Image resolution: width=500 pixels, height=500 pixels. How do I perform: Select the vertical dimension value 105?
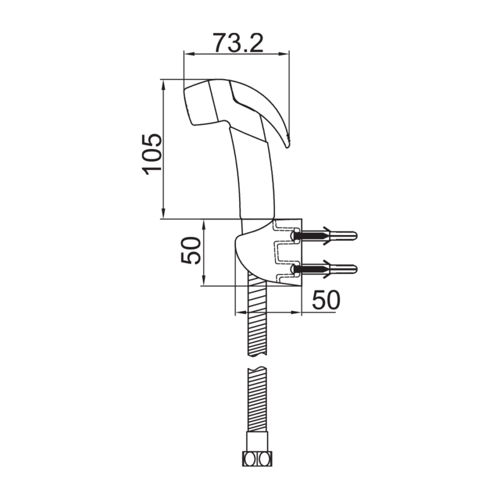tap(152, 153)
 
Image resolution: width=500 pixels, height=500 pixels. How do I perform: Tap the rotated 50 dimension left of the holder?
tap(191, 251)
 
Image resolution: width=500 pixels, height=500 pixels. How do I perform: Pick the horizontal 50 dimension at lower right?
tap(326, 301)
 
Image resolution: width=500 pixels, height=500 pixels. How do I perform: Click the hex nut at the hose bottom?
tap(256, 459)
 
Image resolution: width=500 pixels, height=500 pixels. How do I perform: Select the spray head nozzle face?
tap(191, 105)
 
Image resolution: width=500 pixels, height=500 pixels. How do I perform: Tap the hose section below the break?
tap(256, 401)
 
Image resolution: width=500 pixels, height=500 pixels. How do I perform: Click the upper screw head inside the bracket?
tap(297, 235)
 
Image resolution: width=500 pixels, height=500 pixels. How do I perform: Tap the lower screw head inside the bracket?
tap(297, 269)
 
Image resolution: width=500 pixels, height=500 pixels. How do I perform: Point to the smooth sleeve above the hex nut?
tap(256, 441)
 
